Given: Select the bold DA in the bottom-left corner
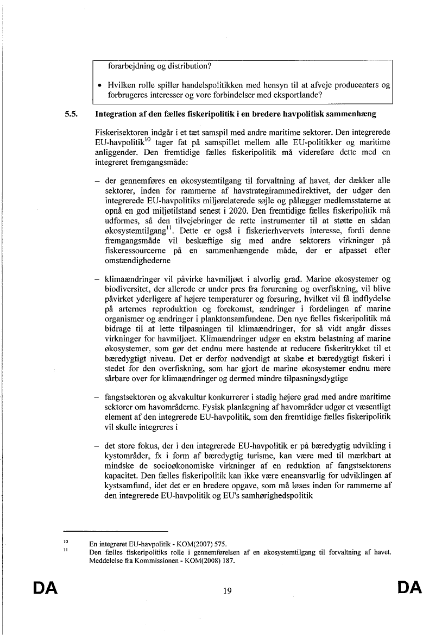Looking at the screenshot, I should (x=45, y=588).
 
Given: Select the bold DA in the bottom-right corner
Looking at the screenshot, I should (x=409, y=588).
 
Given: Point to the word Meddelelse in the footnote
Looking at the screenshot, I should (x=108, y=562).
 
